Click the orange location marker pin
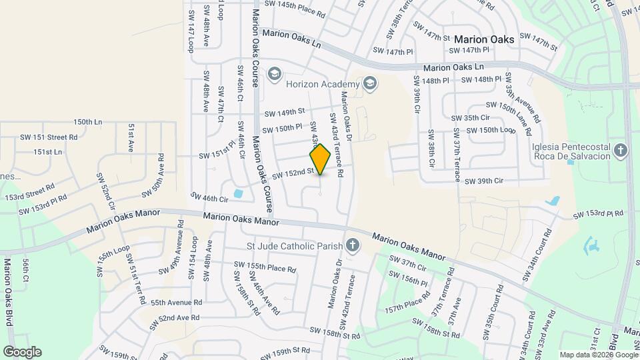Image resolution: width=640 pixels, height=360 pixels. (321, 159)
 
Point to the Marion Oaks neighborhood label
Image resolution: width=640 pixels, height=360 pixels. (485, 39)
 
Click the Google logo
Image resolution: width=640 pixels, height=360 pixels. (22, 351)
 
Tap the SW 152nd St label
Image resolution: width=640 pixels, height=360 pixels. (293, 173)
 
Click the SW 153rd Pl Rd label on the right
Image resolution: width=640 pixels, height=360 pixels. (598, 215)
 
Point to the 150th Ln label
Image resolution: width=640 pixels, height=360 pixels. (88, 122)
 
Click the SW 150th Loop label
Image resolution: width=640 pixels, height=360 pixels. (489, 130)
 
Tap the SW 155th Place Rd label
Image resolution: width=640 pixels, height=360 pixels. (264, 267)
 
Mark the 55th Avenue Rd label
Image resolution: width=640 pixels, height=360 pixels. (175, 302)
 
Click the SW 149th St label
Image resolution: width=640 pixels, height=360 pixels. (284, 111)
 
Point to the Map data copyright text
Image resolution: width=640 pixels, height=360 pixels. (597, 355)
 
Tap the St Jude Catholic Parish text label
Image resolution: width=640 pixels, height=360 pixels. (294, 247)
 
